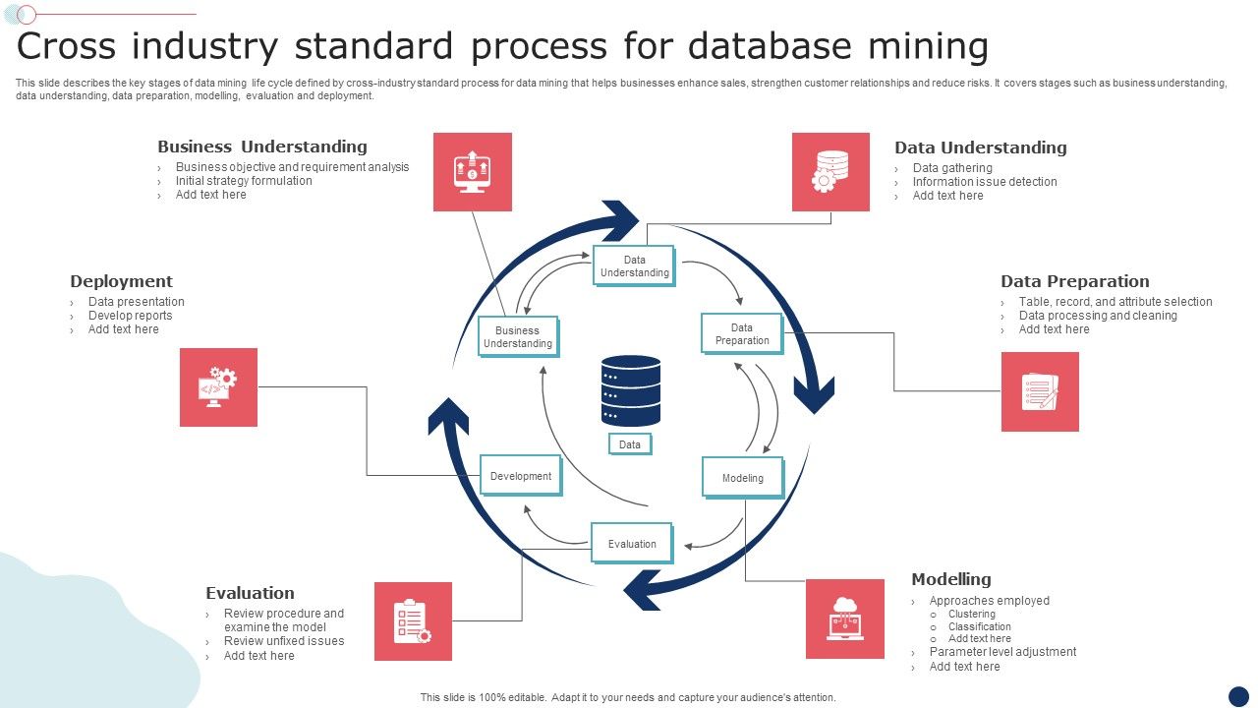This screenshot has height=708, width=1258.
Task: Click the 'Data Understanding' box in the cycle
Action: click(x=634, y=265)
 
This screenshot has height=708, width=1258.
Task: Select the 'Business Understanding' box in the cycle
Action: click(x=518, y=336)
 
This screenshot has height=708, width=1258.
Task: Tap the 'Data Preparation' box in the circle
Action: click(x=742, y=333)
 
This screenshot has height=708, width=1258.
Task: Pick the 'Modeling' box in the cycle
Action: click(x=743, y=478)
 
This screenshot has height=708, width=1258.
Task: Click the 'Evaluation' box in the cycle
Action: click(x=632, y=543)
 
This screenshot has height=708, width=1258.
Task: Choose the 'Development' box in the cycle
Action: click(x=521, y=476)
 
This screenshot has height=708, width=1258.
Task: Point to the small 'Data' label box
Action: click(x=630, y=444)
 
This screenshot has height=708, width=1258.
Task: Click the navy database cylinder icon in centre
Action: click(x=630, y=390)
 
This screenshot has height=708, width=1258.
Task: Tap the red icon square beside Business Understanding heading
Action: click(x=473, y=172)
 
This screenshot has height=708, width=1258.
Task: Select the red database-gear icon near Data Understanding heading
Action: click(x=830, y=172)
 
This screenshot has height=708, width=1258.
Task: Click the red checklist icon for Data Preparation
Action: click(x=1040, y=391)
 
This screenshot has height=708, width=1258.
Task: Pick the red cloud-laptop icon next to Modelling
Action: click(x=845, y=619)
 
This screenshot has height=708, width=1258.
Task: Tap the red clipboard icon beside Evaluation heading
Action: click(x=413, y=621)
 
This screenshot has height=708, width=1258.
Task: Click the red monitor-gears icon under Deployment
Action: click(x=218, y=387)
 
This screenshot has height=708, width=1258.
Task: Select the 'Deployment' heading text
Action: click(x=121, y=281)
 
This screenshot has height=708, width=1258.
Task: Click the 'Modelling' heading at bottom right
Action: click(x=950, y=579)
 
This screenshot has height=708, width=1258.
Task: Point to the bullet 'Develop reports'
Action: click(x=130, y=316)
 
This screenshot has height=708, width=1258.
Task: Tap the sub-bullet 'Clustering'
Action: click(x=971, y=614)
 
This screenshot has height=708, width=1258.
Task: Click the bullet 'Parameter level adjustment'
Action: click(x=1002, y=652)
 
